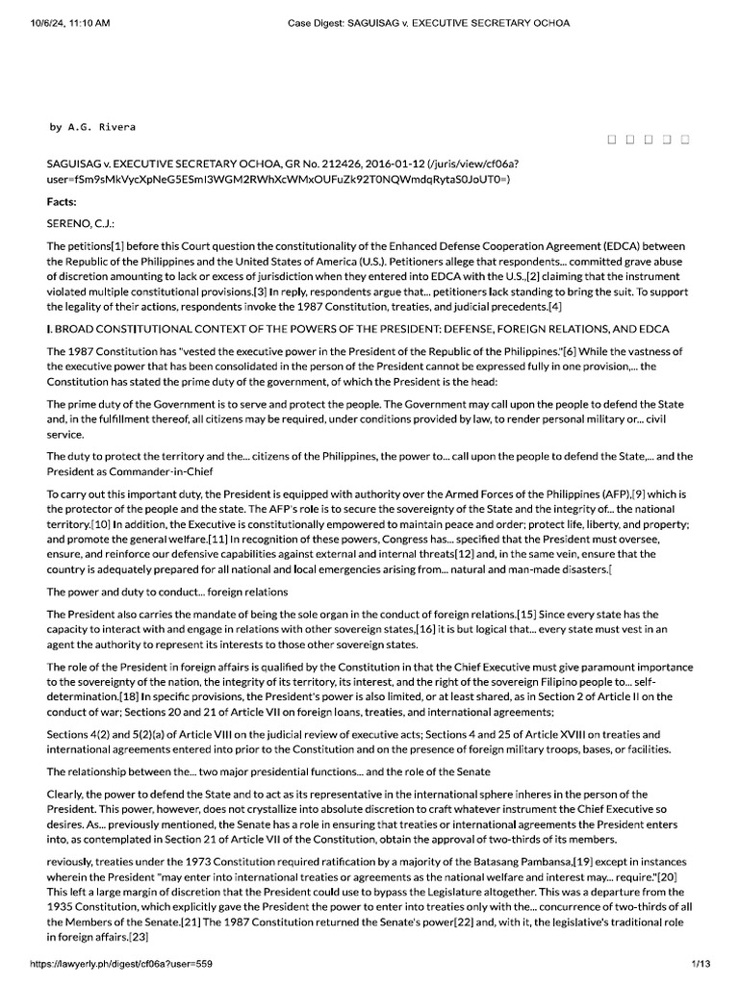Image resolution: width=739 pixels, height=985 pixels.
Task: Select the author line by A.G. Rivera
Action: click(93, 126)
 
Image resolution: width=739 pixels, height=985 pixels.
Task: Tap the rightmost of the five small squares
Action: click(684, 140)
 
